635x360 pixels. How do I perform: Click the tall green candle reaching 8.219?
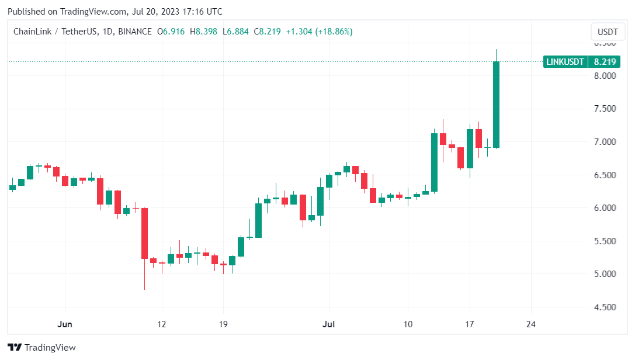pos(496,105)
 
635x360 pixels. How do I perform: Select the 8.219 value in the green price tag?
pos(604,61)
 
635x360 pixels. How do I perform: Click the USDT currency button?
pos(605,32)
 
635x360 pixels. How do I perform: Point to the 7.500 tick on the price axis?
pos(604,109)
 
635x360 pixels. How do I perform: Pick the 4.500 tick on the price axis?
pos(604,307)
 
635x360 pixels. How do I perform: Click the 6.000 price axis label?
pos(604,208)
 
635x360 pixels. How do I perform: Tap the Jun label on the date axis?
pos(64,324)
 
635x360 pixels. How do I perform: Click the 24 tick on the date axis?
pos(531,324)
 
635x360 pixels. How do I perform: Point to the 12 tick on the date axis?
pos(161,324)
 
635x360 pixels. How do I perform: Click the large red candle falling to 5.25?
pos(144,233)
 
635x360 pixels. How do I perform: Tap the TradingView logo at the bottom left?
pos(41,348)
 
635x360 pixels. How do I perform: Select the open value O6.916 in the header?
pos(171,32)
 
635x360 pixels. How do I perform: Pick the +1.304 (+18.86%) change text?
pos(319,32)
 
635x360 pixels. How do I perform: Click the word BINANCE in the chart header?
pos(134,32)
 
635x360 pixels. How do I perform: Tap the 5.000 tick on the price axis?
pos(604,274)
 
